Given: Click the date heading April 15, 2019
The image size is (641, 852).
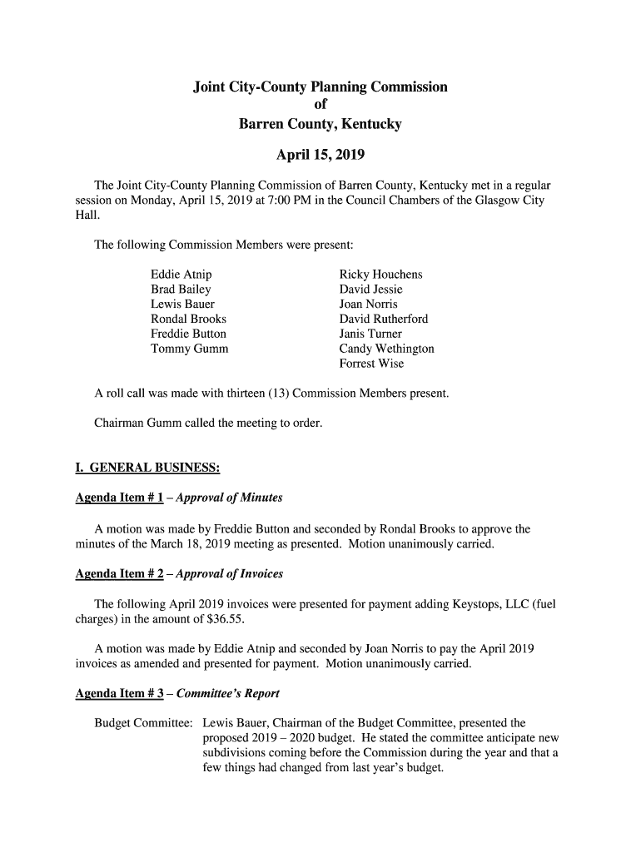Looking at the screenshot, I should tap(320, 155).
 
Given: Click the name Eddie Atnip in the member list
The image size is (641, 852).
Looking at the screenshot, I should tap(181, 275).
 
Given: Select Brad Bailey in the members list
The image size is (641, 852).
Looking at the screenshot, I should tap(181, 290).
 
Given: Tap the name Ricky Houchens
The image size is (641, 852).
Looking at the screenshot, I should tap(380, 275).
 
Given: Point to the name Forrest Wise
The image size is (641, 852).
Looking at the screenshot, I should tap(371, 364).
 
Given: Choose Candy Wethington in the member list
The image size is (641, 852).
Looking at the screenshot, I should tap(386, 349).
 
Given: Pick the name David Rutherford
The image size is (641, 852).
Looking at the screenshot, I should tap(384, 319).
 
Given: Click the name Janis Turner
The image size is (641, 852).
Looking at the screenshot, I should tap(370, 334).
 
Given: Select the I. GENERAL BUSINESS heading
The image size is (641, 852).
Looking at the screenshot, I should tap(147, 468).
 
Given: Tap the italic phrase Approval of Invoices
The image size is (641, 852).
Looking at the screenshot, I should tap(239, 574).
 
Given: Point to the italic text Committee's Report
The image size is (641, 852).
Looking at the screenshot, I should tap(236, 693).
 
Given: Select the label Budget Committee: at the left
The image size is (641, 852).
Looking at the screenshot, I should tap(145, 723).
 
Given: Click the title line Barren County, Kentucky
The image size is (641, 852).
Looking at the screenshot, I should tap(320, 124).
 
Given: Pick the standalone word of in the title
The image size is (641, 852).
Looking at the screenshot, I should tap(320, 105).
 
